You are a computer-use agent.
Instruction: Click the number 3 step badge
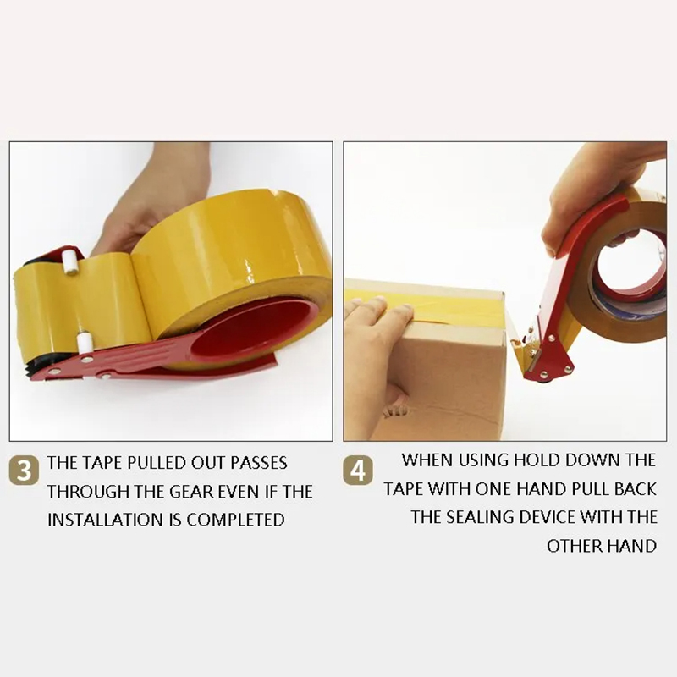tap(24, 470)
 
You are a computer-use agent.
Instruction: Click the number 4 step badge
tap(358, 471)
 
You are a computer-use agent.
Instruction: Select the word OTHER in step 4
tap(575, 546)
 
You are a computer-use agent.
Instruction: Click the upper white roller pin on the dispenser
tap(69, 261)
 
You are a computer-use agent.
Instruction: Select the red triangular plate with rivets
tap(553, 356)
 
